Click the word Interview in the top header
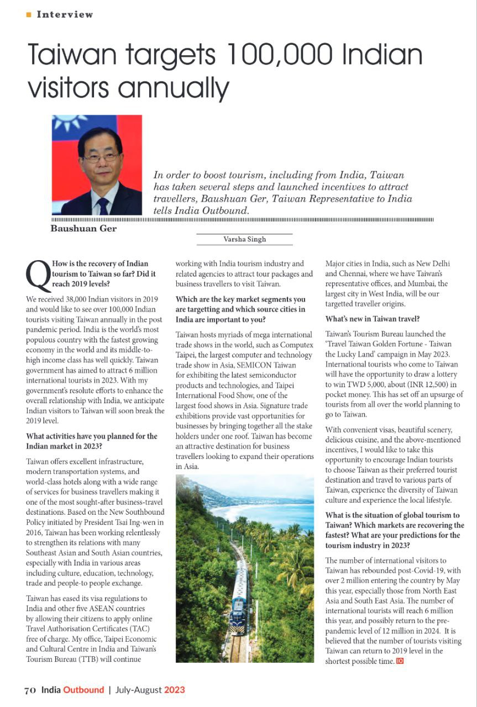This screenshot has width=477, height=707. (x=65, y=15)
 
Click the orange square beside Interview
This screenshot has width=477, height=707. (x=29, y=15)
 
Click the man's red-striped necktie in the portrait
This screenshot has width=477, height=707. (x=103, y=205)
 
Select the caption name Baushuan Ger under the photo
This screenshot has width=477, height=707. (x=83, y=229)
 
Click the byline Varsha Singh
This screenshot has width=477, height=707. (x=244, y=239)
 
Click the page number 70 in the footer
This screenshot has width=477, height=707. (x=30, y=690)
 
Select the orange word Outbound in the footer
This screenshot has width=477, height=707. (x=83, y=690)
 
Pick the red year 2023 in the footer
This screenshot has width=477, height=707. (x=175, y=690)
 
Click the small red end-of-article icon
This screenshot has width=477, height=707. (x=400, y=661)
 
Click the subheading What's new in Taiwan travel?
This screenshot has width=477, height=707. (x=373, y=319)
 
